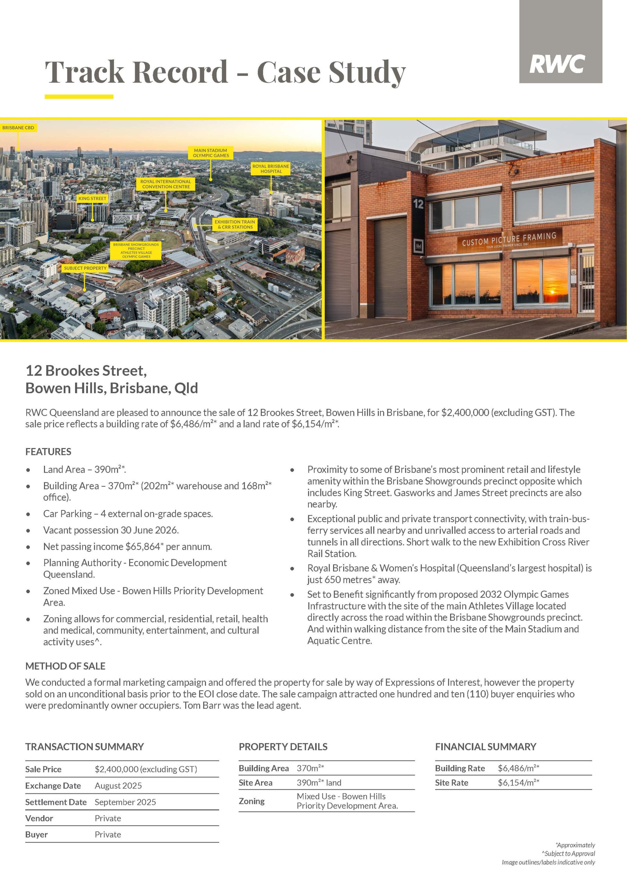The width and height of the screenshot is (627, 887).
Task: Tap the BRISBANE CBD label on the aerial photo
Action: coord(18,128)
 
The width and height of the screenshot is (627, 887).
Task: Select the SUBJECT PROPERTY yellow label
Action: coord(85,268)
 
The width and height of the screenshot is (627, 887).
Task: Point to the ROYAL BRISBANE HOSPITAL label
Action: coord(271,168)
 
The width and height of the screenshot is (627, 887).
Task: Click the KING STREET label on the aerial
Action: coord(92,198)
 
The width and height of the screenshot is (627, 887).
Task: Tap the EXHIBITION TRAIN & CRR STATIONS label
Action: coord(235,225)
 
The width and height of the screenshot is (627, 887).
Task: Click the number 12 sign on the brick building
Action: coord(418,204)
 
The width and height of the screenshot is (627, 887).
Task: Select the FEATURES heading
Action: coord(48,451)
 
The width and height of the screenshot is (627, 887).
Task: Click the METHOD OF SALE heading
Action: coord(65,666)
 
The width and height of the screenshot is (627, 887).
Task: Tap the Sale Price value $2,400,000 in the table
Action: coord(145,769)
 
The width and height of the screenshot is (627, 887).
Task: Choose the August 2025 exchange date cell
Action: coord(118,785)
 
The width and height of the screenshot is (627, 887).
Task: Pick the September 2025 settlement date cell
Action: coord(125,802)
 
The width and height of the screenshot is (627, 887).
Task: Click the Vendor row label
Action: coord(39,818)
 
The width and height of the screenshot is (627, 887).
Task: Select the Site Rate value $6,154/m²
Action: coord(518,782)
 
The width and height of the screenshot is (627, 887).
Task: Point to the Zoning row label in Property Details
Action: coord(251,801)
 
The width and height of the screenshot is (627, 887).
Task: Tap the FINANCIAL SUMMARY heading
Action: coord(485,746)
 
